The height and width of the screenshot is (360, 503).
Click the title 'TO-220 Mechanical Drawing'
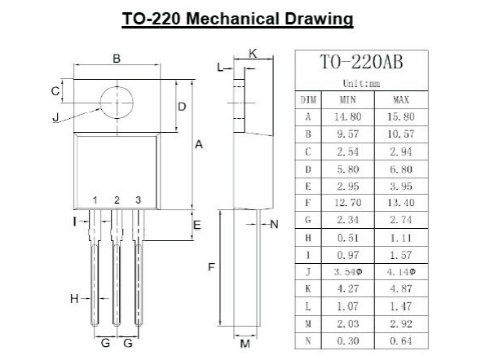pos(237,18)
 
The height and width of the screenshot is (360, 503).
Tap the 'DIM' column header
pos(308,99)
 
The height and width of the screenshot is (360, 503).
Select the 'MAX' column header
pos(400,99)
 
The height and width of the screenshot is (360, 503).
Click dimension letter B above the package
pos(117,59)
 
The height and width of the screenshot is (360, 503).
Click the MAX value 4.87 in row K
pos(400,288)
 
